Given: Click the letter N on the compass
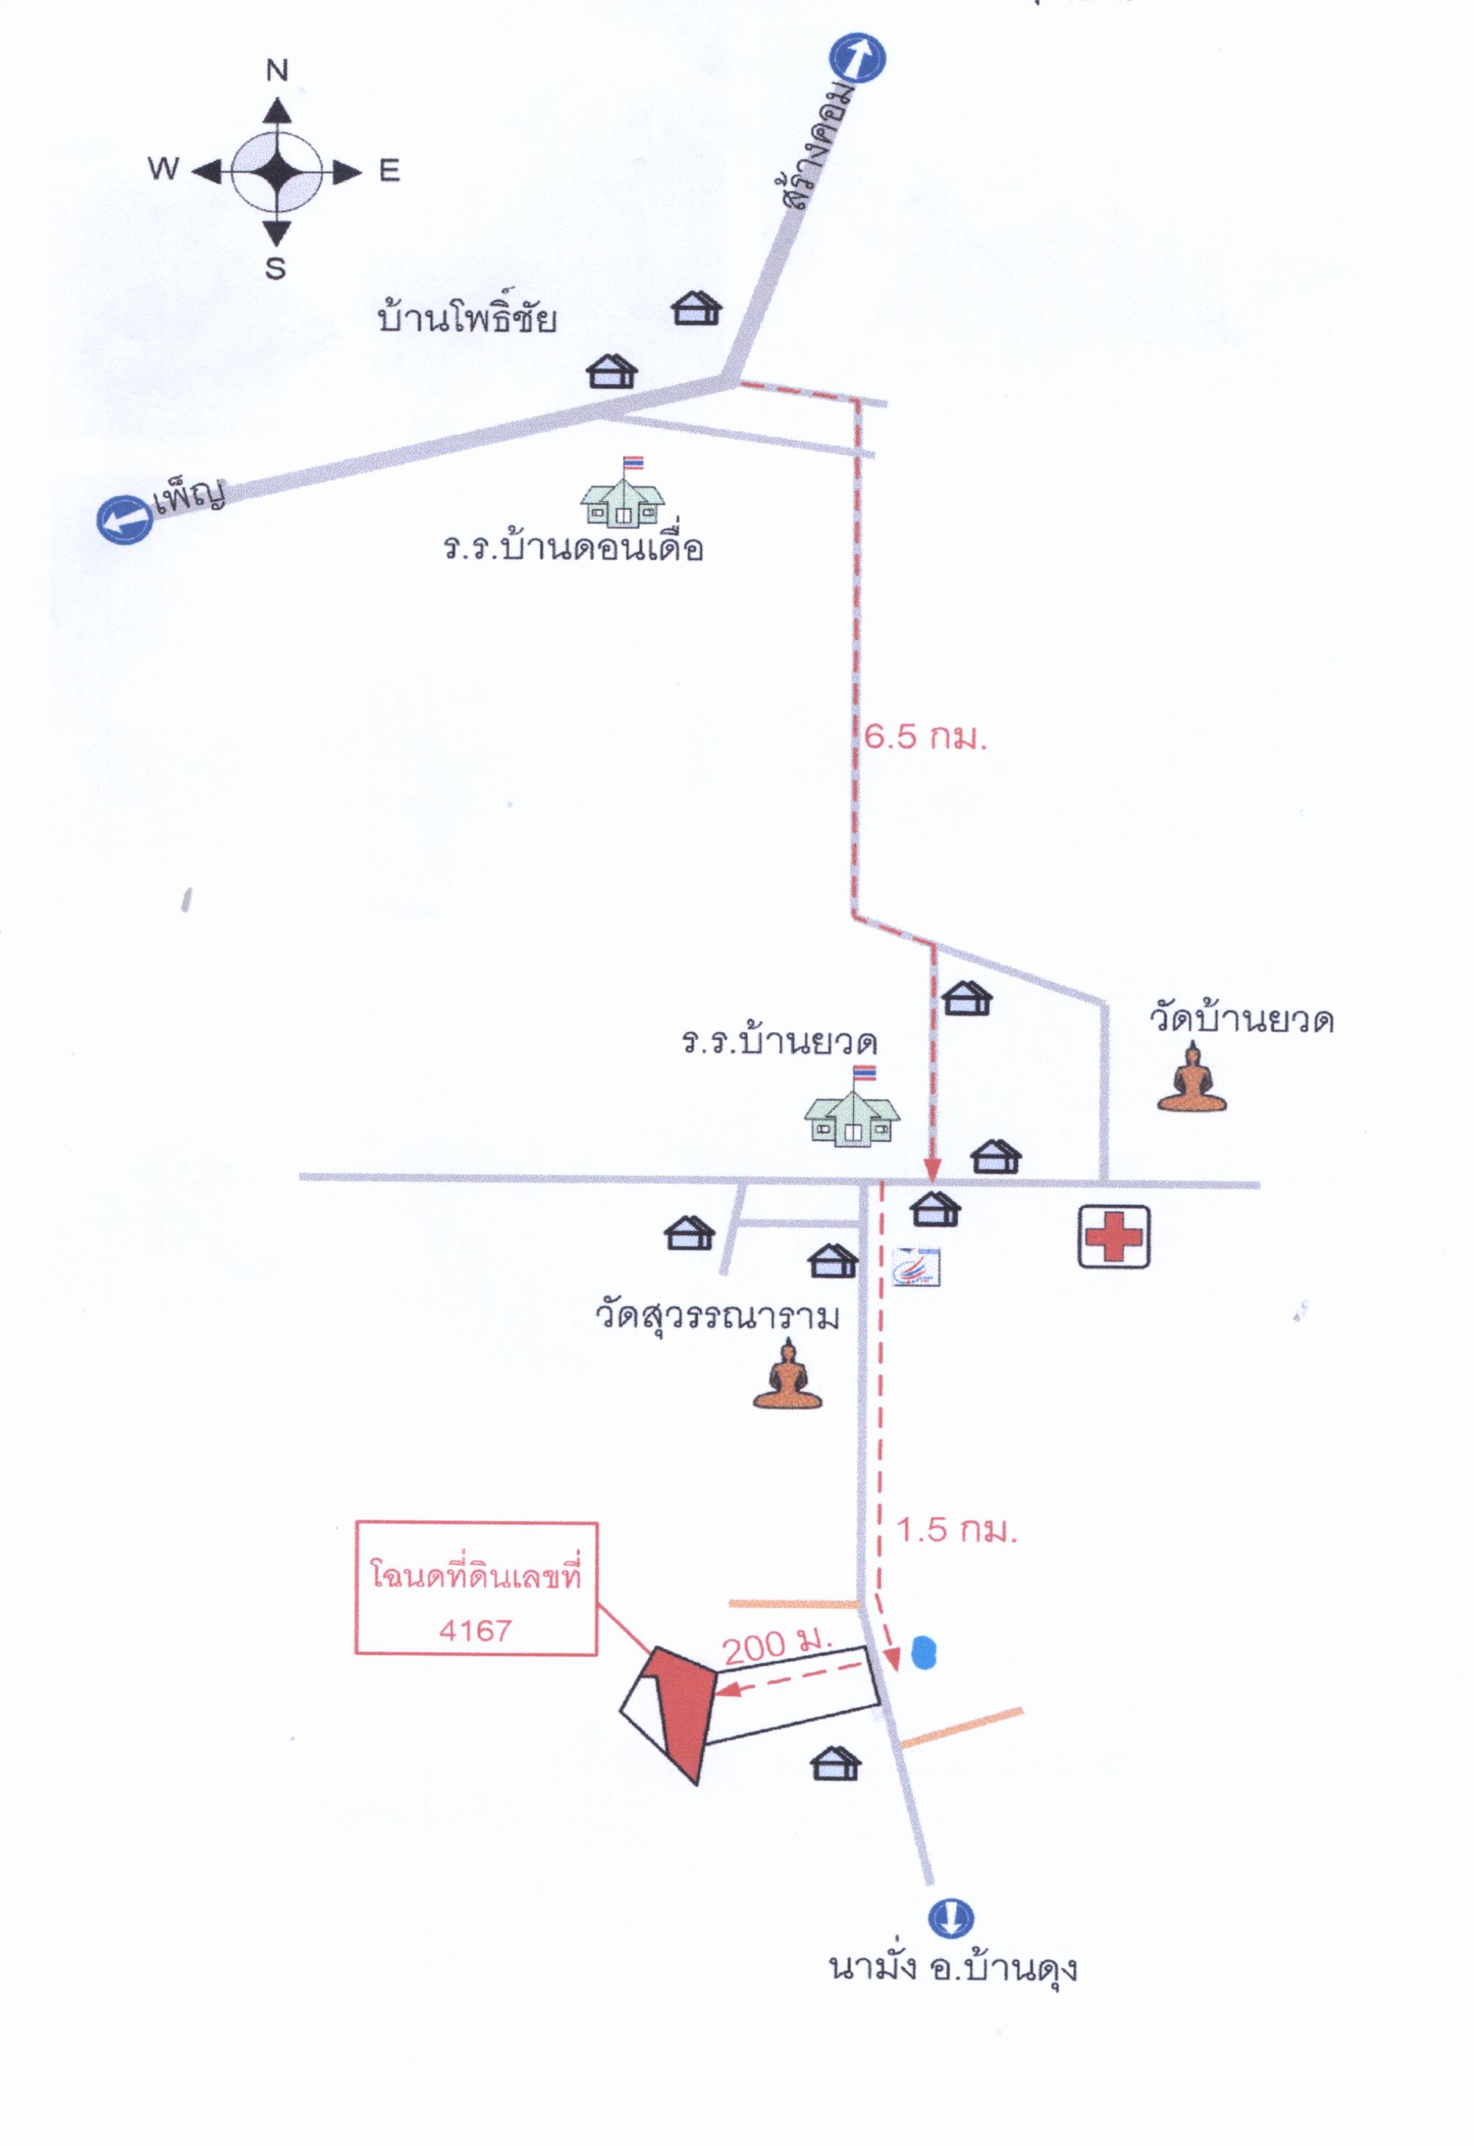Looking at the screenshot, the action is click(x=277, y=70).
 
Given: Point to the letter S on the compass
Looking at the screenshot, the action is click(x=275, y=269).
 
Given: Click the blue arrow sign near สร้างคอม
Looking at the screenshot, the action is click(x=857, y=58).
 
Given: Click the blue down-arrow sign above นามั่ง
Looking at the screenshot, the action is click(x=951, y=1918).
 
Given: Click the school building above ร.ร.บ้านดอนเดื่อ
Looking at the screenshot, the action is click(x=622, y=493).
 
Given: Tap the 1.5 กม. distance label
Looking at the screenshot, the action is click(x=957, y=1530).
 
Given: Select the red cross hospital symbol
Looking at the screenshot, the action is click(x=1114, y=1236).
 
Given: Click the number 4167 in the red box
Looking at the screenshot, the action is click(x=476, y=1631).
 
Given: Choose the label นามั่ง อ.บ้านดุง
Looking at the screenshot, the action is click(x=953, y=1968).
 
